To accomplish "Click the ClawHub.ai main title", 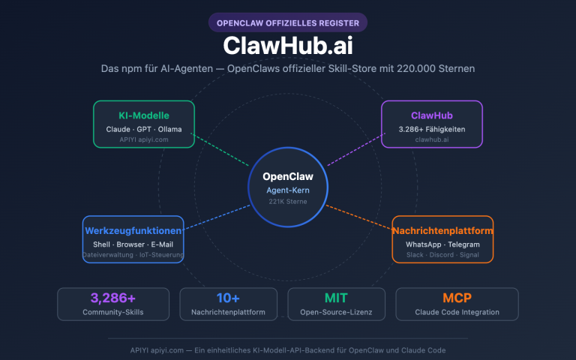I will (288, 45).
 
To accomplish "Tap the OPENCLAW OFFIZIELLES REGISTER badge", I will (288, 22).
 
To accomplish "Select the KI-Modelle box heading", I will (143, 115).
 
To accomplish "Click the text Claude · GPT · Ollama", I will (143, 129).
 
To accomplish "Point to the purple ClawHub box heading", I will (431, 115).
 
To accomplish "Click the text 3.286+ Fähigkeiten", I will (431, 129).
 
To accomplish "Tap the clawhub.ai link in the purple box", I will (431, 139).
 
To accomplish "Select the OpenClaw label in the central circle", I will (288, 177).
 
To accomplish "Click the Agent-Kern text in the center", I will (288, 190).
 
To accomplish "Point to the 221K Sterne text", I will (288, 202).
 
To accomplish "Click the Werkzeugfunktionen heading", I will (133, 230).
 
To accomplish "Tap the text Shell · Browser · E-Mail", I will (133, 244).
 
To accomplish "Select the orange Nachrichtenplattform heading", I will (442, 230).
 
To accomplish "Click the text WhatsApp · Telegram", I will (442, 244).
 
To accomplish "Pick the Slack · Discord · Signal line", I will (442, 255).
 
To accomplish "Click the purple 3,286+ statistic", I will (113, 298).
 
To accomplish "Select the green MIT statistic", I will (337, 298).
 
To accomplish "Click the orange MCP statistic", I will (457, 298).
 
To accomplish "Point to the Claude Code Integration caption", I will (457, 312).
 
